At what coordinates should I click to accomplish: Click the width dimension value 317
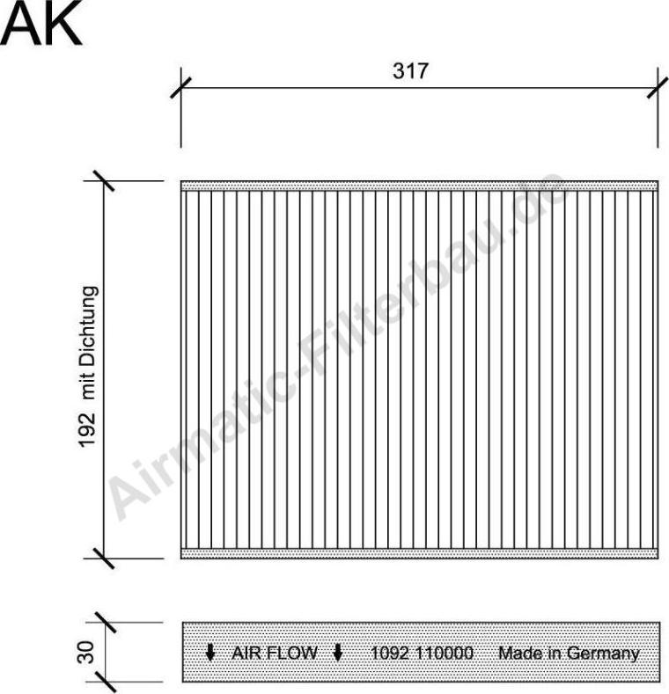click(x=410, y=71)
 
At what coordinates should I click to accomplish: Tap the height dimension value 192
click(x=86, y=431)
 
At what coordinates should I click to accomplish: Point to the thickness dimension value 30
click(x=86, y=653)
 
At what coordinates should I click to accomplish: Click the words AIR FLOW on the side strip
click(x=274, y=654)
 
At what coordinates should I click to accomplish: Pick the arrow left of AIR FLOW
click(x=210, y=654)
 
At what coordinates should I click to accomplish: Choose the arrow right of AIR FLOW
click(x=337, y=654)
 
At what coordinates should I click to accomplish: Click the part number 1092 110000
click(x=423, y=654)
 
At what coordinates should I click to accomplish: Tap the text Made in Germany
click(x=569, y=654)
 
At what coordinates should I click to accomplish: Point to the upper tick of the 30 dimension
click(x=105, y=623)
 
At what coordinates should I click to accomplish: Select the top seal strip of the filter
click(x=419, y=186)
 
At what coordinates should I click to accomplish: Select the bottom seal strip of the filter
click(x=419, y=553)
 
